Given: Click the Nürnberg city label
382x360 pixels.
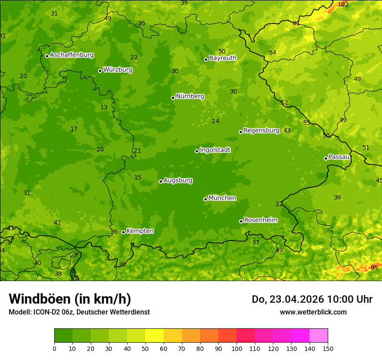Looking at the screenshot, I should pos(190,96).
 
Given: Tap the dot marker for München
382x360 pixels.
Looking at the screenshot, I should pos(205,199).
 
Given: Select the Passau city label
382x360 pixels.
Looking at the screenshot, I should pos(339,157).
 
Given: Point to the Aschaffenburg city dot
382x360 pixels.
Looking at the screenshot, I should pos(47,56).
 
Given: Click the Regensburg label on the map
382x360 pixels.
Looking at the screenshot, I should pos(261,131).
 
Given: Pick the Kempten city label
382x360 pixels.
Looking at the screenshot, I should pos(140,231).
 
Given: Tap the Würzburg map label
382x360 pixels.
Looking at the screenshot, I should pos(118,70).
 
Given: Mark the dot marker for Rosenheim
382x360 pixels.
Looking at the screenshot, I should pos(241,221).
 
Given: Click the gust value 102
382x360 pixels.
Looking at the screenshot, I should pos(343,4).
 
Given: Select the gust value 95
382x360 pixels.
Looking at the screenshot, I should pos(374,268).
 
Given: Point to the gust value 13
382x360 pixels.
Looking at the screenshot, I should pos(104,108).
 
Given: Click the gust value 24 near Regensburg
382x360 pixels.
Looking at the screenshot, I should pos(215,121).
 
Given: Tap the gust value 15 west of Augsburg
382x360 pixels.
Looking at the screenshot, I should pos(138,178).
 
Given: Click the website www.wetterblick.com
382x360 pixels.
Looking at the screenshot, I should pos(313,312).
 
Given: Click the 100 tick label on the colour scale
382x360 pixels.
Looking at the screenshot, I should pos(237,348).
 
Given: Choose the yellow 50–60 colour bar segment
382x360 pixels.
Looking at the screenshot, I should pos(155,336).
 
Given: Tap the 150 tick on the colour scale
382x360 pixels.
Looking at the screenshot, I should pos(328,348).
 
